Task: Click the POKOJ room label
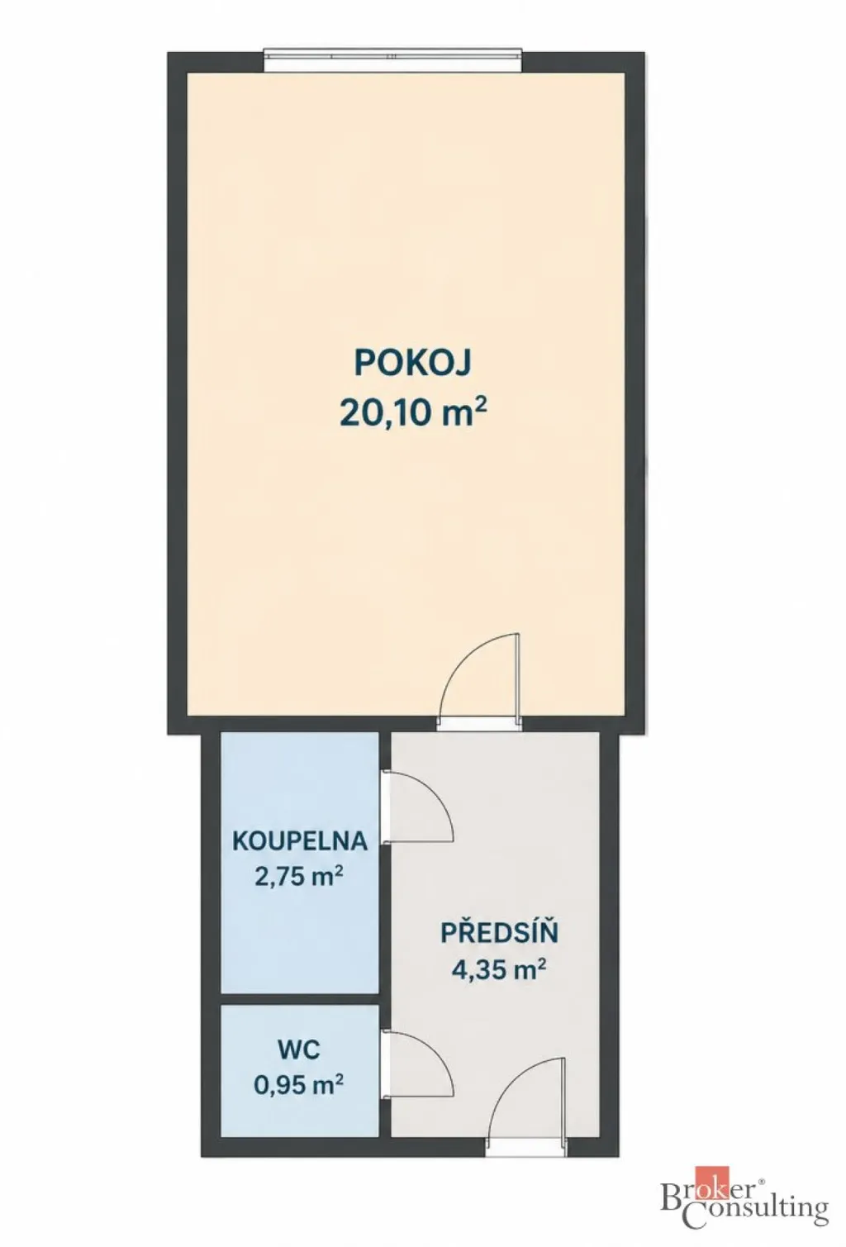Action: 413,363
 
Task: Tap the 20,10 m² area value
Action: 414,412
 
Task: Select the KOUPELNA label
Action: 300,840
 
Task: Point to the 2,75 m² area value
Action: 298,878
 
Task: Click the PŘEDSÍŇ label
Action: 499,932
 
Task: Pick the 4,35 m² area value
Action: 498,970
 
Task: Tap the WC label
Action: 299,1050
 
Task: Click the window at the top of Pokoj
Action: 393,60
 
